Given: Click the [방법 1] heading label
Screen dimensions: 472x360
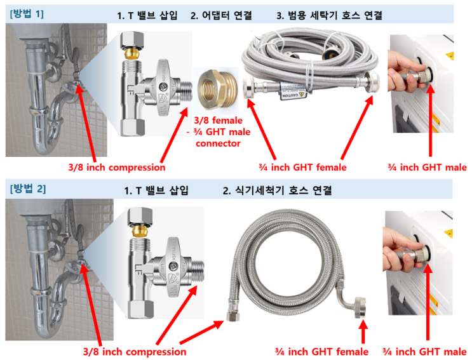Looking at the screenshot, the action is point(27,14).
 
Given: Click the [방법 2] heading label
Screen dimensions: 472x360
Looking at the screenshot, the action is point(28,189).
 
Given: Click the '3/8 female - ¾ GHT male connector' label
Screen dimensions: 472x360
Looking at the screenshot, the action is point(219,132).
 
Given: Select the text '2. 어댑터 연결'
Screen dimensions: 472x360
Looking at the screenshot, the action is point(221,15).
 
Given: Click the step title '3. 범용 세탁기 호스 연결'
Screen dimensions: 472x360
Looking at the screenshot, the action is point(329,15).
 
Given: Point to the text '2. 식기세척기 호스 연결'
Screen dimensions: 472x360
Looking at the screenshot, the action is point(277,190).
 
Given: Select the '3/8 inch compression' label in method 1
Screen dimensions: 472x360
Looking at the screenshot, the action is point(117,167).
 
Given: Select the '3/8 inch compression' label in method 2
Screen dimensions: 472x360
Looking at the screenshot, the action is point(135,352).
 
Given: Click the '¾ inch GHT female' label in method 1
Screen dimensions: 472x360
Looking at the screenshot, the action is point(302,167).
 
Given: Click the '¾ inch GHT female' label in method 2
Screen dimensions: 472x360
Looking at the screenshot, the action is point(321,352).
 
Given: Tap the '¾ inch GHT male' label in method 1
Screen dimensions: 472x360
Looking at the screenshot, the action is point(428,167).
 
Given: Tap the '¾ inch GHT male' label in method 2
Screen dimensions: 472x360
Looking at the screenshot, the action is point(424,352).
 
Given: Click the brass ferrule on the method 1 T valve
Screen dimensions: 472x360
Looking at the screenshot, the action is point(132,54).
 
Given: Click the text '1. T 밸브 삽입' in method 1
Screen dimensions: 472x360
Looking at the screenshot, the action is point(147,15).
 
